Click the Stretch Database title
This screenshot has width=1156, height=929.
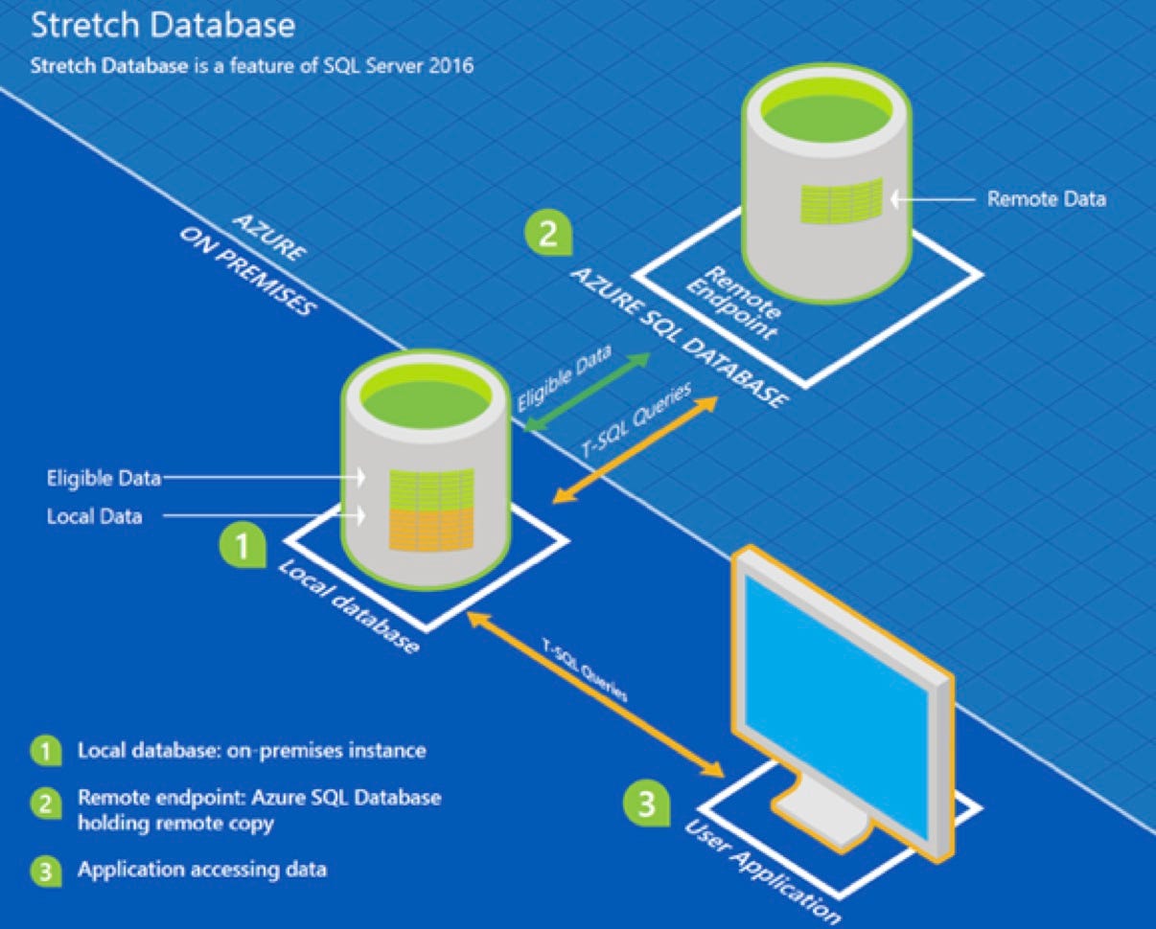tap(162, 25)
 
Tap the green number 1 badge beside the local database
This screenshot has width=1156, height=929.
tap(243, 546)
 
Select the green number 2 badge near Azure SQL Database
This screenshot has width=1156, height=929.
tap(547, 234)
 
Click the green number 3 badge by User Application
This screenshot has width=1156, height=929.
tap(647, 803)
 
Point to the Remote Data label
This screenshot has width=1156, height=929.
tap(1046, 199)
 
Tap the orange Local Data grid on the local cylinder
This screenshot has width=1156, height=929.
tap(431, 529)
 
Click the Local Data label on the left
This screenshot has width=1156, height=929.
tap(94, 517)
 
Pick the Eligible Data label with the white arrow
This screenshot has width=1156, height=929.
tap(105, 476)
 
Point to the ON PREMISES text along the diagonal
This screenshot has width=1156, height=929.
tap(246, 274)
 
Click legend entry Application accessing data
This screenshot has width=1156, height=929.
tap(201, 871)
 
